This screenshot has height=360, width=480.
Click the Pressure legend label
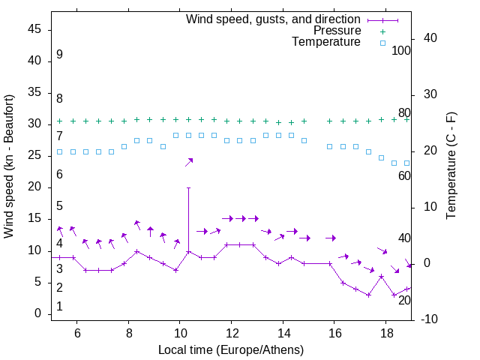click(337, 31)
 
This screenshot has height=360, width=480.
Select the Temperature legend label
click(326, 43)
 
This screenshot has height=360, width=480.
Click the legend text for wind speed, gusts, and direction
click(274, 19)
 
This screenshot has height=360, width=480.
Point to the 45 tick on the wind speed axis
click(34, 29)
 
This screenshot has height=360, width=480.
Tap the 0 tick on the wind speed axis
click(38, 313)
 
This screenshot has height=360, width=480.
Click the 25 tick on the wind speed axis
click(34, 155)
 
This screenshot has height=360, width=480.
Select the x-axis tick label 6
click(77, 332)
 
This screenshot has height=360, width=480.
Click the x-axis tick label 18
click(385, 332)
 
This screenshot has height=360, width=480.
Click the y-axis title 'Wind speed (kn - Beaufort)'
click(9, 166)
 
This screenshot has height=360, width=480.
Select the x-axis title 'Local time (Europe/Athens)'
click(231, 349)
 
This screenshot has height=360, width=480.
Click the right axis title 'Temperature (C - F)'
click(451, 166)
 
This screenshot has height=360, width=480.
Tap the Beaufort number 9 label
click(59, 55)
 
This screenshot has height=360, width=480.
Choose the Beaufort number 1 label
click(59, 307)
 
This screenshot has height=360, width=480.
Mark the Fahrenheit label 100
click(402, 51)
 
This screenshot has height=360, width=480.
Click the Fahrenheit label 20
click(404, 300)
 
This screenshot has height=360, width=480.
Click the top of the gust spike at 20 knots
click(188, 187)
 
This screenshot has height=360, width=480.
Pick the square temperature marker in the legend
click(382, 43)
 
